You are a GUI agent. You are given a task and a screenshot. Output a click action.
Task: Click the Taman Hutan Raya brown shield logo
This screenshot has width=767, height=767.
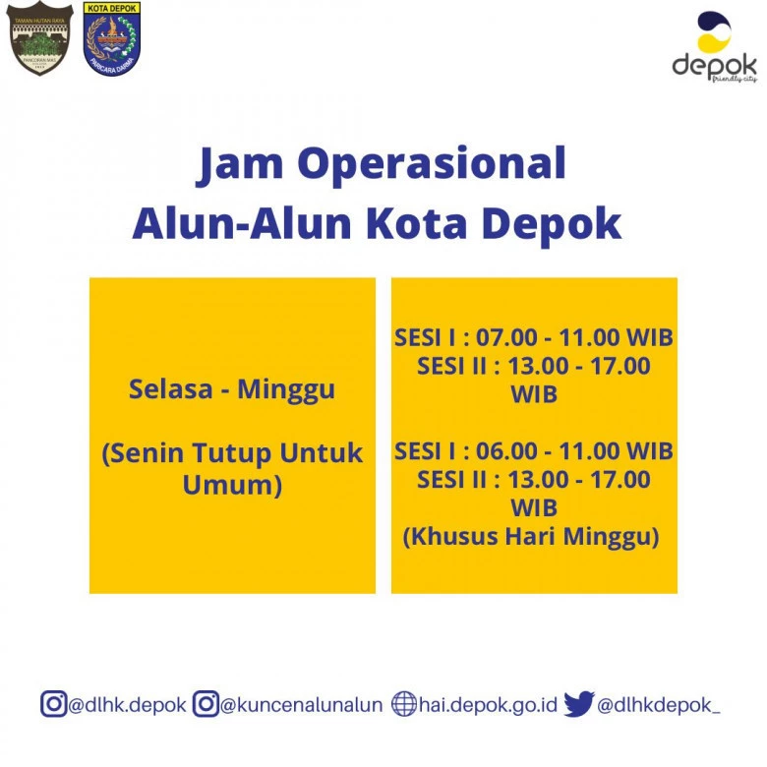39,38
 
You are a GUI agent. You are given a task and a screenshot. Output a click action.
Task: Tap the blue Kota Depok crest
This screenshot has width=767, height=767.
112,38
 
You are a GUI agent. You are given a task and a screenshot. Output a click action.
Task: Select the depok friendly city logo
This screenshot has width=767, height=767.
715,47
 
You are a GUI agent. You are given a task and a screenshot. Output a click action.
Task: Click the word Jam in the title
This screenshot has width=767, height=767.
240,164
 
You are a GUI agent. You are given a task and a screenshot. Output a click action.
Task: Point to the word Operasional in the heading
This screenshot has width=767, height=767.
432,165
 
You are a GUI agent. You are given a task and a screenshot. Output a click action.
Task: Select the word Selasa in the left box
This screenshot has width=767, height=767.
171,389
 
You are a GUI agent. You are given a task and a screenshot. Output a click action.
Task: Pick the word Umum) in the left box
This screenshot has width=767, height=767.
232,485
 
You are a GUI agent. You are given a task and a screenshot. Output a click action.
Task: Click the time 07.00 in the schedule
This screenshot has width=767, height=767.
506,337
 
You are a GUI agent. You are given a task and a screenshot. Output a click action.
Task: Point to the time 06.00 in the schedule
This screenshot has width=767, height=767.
506,451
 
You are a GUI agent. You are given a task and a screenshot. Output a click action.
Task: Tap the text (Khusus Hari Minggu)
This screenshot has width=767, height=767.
531,537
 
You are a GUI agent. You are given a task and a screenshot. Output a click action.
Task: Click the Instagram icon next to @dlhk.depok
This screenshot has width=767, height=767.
53,704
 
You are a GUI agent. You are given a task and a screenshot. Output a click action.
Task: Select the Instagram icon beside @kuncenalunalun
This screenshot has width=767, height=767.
206,704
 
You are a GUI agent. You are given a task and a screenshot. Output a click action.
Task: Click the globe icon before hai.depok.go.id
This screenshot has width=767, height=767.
404,704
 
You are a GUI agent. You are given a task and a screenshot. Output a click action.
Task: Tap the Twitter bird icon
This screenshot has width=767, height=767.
579,704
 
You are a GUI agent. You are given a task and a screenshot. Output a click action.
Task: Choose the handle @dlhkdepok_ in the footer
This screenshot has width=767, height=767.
659,705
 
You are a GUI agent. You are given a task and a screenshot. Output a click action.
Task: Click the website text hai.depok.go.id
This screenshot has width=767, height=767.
488,705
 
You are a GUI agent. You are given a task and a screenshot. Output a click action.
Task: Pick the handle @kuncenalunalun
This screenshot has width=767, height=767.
301,705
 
